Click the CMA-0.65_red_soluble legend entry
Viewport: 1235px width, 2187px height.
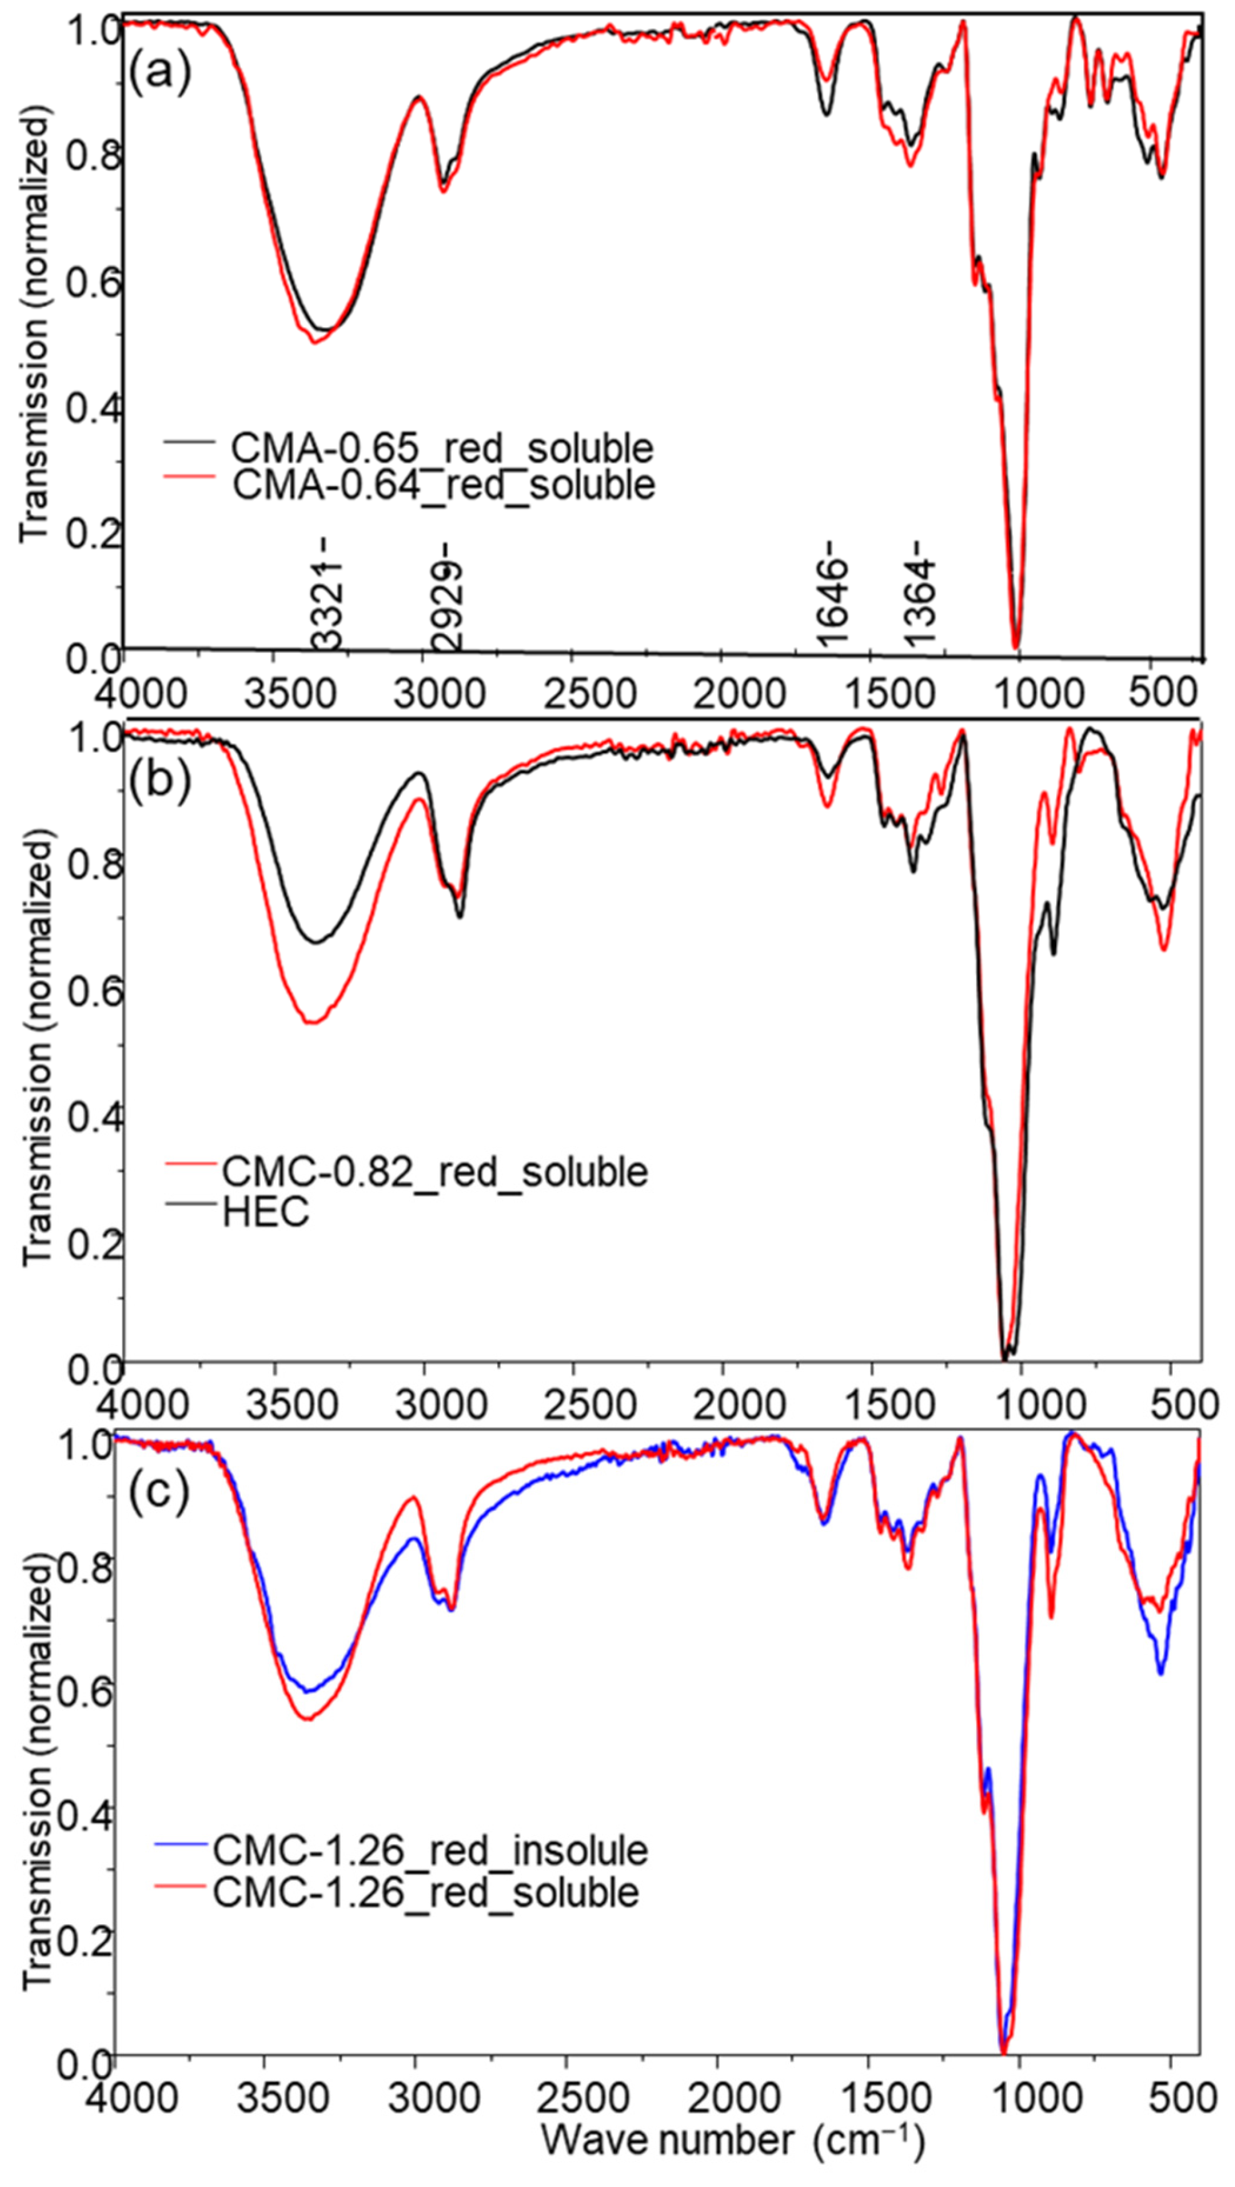[x=442, y=447]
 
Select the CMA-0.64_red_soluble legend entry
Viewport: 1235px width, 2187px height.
[x=443, y=485]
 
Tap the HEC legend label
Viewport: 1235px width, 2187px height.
[x=266, y=1213]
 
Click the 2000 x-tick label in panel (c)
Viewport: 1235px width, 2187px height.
[x=718, y=2099]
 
